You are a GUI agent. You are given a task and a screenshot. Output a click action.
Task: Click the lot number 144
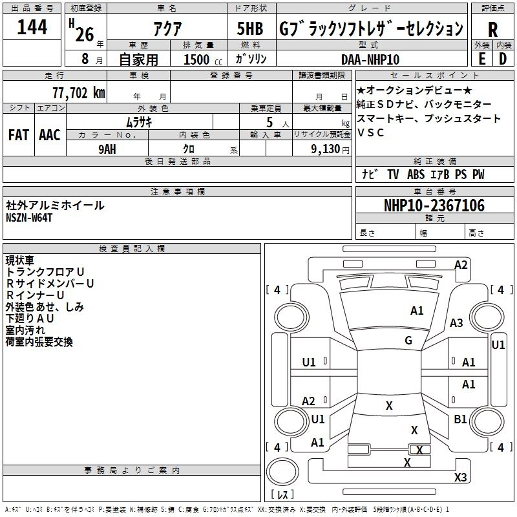32,28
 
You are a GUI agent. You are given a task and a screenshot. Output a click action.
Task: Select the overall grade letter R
492,30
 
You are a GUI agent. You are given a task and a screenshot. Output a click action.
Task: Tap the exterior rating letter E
481,58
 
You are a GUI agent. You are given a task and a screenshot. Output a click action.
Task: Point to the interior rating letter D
503,58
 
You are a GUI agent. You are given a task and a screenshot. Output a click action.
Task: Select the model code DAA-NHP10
370,59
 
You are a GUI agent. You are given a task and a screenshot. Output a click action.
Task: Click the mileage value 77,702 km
78,92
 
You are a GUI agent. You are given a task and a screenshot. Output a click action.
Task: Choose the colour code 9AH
108,148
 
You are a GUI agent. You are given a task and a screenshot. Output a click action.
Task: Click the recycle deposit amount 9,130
326,149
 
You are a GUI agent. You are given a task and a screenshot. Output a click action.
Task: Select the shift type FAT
18,134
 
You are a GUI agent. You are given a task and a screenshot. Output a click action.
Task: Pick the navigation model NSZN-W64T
29,218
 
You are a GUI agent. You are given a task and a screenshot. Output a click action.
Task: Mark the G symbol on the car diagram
408,341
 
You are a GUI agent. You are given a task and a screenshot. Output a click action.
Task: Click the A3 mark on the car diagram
456,322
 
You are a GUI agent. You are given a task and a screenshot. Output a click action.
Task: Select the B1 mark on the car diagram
460,419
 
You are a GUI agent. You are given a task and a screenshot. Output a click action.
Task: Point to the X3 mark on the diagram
460,477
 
